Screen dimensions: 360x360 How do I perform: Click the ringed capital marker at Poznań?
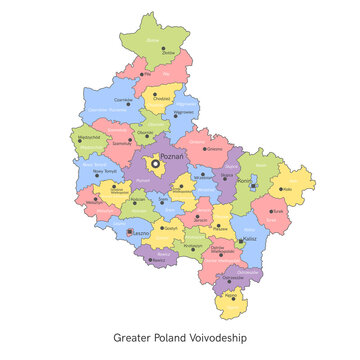tap(156, 164)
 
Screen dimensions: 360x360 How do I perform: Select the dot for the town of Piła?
tap(147, 73)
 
